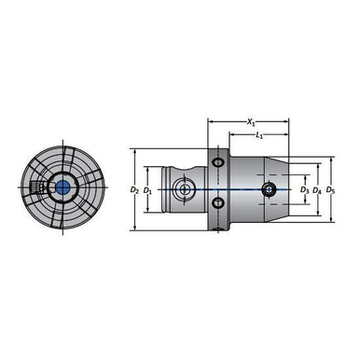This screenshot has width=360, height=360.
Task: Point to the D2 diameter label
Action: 136,190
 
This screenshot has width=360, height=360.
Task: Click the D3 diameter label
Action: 304,190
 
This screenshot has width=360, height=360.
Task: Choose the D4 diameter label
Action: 318,190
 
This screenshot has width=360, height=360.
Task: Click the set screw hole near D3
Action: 270,189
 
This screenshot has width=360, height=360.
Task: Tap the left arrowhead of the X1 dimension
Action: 210,121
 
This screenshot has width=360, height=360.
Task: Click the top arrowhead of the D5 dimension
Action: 329,158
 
